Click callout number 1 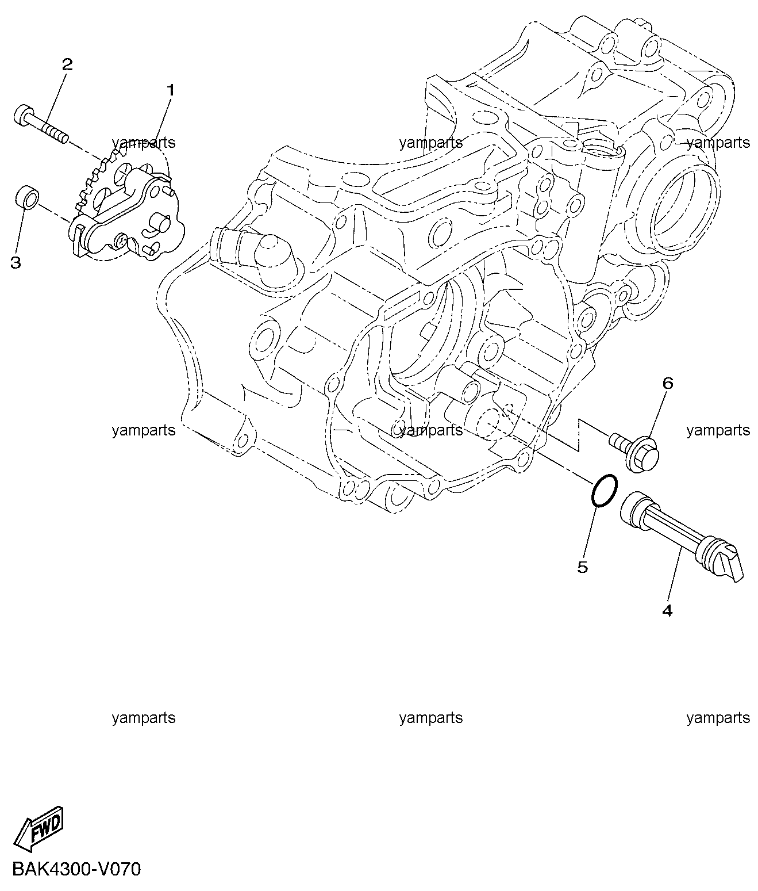(x=171, y=91)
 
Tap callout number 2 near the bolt (x=67, y=65)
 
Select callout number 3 (x=16, y=262)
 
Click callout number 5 (x=582, y=567)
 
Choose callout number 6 (x=668, y=383)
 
